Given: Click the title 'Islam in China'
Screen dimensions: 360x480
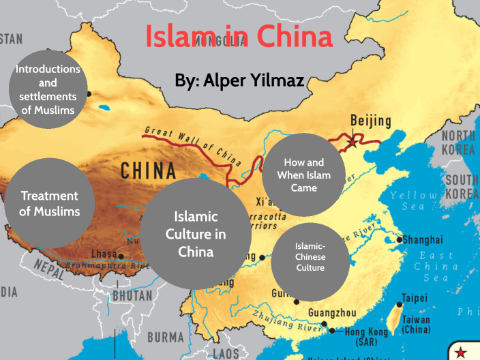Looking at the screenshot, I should click(239, 37).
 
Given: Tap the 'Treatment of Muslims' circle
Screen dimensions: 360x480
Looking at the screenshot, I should click(48, 203).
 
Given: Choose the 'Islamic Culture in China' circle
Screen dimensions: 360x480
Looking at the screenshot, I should click(196, 234).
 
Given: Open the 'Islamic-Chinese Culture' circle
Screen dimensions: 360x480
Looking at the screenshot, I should click(310, 257).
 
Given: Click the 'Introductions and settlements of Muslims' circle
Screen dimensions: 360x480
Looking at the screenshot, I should click(48, 89).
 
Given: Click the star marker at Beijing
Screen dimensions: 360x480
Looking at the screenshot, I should click(352, 142).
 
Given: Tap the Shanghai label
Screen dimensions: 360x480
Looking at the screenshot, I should click(422, 240).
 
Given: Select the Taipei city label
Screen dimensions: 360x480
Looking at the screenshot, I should click(414, 298).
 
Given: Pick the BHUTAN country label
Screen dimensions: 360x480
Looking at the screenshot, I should click(132, 297).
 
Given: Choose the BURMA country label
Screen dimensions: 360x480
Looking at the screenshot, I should click(166, 337).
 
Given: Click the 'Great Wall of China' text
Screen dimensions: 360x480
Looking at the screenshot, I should click(192, 145).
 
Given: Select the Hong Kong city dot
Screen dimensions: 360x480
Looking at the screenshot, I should click(332, 331).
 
